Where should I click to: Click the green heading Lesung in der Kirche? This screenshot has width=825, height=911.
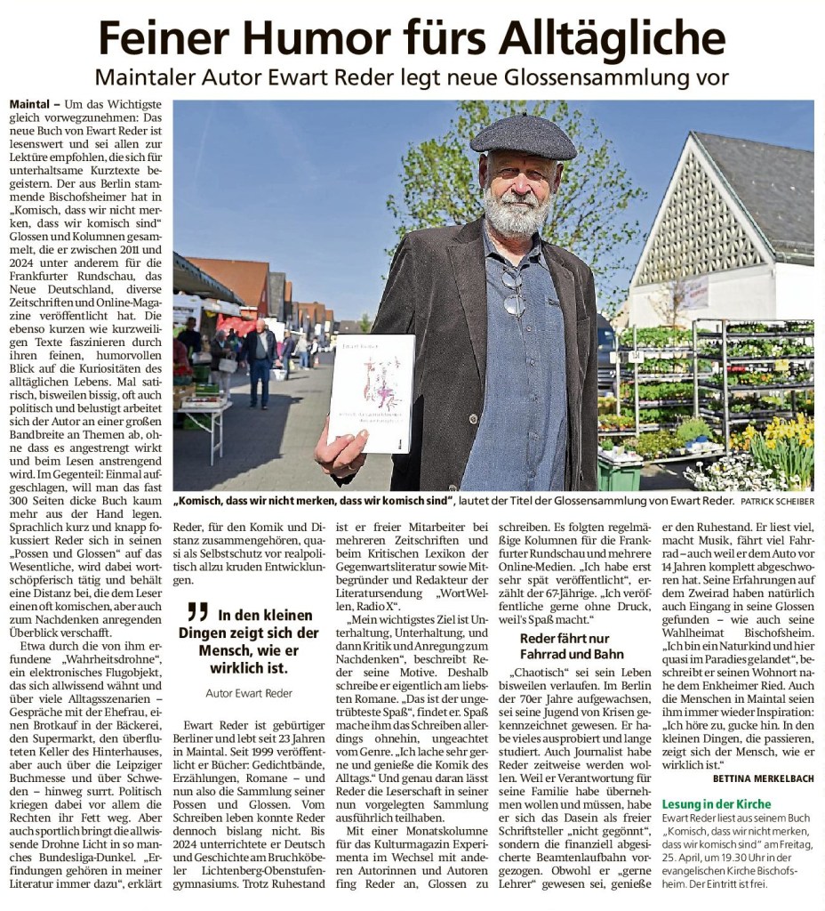coord(717,804)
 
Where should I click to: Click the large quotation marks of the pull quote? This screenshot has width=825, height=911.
coord(197,612)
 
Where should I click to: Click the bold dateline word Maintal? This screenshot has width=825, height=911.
coord(29,104)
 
